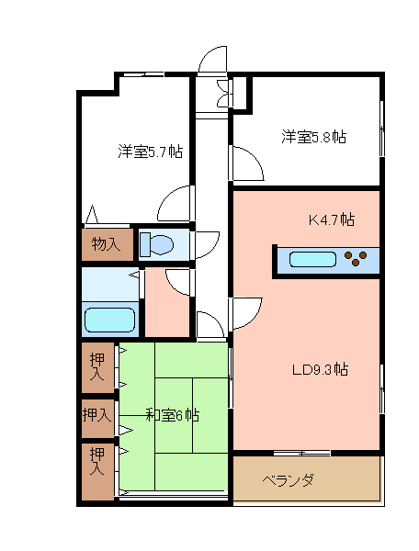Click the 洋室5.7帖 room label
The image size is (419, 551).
[x=150, y=152]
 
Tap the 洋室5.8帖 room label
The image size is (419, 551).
[x=313, y=136]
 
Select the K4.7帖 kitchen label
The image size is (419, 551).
[x=332, y=219]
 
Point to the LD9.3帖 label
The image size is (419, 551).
[x=321, y=370]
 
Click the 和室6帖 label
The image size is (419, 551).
[x=172, y=415]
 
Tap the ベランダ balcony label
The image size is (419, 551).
[x=289, y=479]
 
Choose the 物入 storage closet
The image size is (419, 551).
[x=108, y=244]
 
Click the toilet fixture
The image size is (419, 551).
[x=156, y=244]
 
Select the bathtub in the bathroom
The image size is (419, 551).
[x=110, y=320]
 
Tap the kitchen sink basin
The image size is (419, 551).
[x=312, y=259]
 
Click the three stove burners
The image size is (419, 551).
[x=356, y=258]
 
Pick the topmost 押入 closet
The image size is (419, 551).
[x=97, y=367]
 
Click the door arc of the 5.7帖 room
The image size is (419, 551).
[x=167, y=197]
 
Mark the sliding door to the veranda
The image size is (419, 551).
[x=302, y=453]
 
